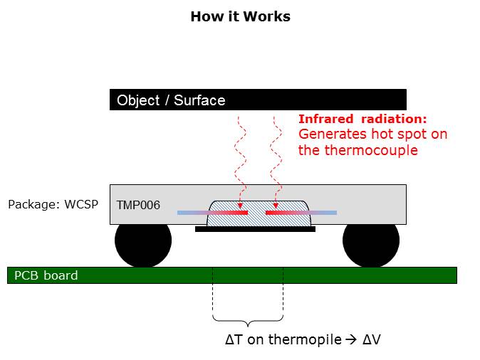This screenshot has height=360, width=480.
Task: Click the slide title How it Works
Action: (240, 16)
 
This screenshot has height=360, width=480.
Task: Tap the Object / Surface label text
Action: (171, 100)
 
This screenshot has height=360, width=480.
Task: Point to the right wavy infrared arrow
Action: (274, 157)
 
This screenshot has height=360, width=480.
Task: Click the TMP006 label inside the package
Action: (138, 206)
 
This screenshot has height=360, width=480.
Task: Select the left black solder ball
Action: (143, 241)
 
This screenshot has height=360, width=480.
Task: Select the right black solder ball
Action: (370, 241)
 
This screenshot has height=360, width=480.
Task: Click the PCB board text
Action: (46, 275)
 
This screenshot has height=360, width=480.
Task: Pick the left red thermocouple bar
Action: (228, 212)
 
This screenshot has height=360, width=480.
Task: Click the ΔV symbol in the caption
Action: (372, 339)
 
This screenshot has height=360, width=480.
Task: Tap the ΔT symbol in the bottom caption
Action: (234, 339)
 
